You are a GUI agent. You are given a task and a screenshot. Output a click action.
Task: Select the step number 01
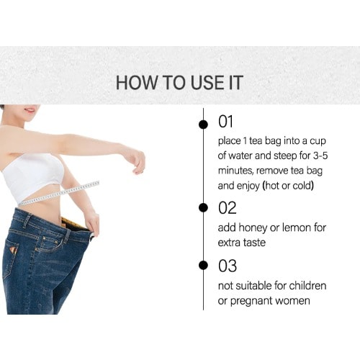tap(225, 122)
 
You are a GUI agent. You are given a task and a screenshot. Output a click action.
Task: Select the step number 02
tap(228, 208)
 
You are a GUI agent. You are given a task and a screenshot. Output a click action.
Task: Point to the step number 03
tap(228, 266)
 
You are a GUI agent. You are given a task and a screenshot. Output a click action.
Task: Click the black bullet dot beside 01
tap(204, 125)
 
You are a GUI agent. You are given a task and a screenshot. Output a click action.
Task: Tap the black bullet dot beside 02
tap(204, 207)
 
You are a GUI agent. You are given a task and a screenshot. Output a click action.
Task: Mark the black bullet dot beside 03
tap(204, 265)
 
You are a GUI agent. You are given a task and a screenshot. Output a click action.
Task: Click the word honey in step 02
tap(253, 228)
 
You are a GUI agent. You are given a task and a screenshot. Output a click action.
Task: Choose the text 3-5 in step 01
tap(320, 156)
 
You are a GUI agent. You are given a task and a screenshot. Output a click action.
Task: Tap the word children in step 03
tap(307, 286)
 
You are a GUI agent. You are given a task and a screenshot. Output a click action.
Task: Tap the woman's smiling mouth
tap(30, 110)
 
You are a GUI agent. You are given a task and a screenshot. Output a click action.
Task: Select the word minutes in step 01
tap(235, 171)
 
